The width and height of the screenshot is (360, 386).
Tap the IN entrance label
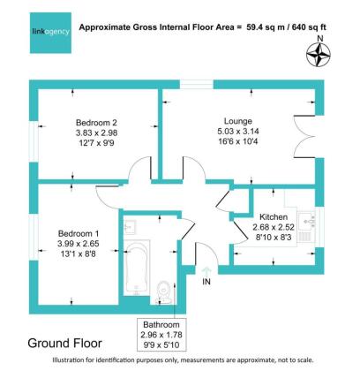coord(206,283)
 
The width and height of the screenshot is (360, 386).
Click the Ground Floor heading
coord(65,343)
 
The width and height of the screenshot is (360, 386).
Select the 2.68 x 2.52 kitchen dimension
coord(274,227)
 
